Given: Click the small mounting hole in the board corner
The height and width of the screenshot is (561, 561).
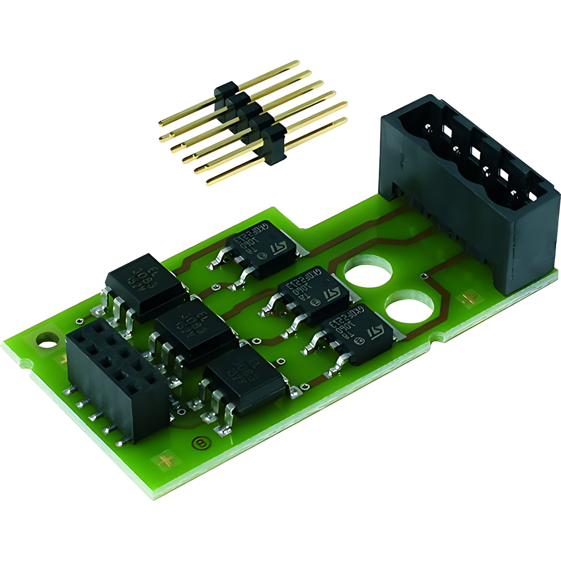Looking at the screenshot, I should (x=47, y=341).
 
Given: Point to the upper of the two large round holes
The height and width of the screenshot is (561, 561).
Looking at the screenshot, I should (x=368, y=271).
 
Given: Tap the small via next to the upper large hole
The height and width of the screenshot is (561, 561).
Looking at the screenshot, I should (x=424, y=275).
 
